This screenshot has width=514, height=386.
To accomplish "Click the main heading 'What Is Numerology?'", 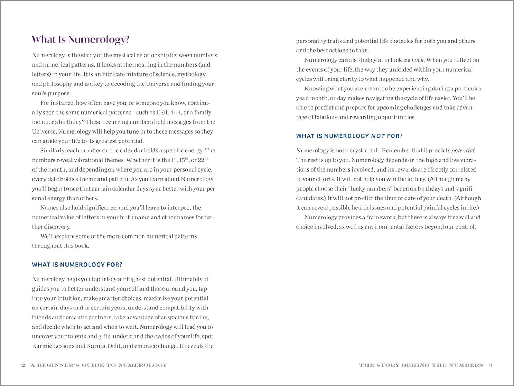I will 80,40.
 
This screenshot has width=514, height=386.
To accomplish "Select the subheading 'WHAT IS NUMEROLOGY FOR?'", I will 77,265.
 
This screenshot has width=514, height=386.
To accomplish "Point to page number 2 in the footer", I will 23,365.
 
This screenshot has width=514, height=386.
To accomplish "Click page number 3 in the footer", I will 490,365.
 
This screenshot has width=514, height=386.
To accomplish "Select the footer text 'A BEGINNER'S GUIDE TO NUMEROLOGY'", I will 99,365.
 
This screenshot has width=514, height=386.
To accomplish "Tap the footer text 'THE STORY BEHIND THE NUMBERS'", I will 421,365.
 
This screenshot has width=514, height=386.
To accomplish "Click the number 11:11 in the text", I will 163,113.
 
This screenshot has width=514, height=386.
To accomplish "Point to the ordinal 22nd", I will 202,160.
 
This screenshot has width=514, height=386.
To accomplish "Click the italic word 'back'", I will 417,60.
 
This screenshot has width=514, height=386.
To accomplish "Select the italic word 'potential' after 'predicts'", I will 463,151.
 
